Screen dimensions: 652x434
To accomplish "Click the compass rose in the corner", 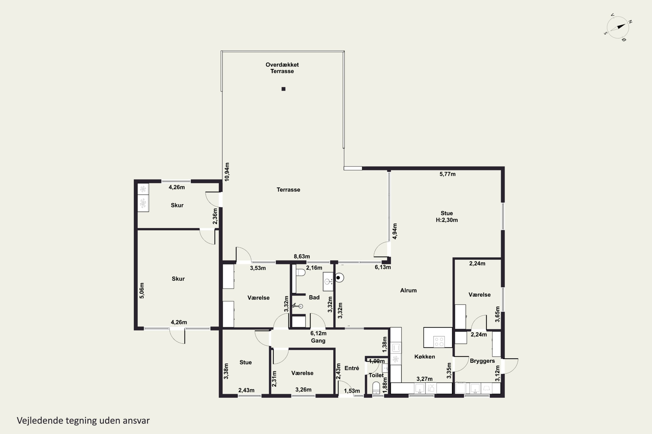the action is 618,27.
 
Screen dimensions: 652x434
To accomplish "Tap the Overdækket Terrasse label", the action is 282,68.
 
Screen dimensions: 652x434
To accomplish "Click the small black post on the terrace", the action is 283,89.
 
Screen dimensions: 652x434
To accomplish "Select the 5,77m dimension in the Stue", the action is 447,174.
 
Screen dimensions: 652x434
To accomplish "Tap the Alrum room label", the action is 408,290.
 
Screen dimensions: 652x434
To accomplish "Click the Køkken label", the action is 424,357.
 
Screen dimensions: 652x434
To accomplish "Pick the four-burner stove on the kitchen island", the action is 439,341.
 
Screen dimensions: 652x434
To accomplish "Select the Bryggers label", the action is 482,361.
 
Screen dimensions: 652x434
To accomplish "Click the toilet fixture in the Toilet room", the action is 376,388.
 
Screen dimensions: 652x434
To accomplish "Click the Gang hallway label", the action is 318,341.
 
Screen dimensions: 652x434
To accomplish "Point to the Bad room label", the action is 314,297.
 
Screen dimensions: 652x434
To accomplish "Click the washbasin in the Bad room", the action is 328,281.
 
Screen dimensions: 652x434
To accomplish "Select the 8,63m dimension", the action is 302,256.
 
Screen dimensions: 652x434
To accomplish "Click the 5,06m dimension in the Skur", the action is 142,290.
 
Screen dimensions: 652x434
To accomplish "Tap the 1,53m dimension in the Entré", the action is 352,391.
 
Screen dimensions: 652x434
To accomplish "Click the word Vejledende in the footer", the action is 40,421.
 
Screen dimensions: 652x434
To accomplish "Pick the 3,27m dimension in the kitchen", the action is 424,379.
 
